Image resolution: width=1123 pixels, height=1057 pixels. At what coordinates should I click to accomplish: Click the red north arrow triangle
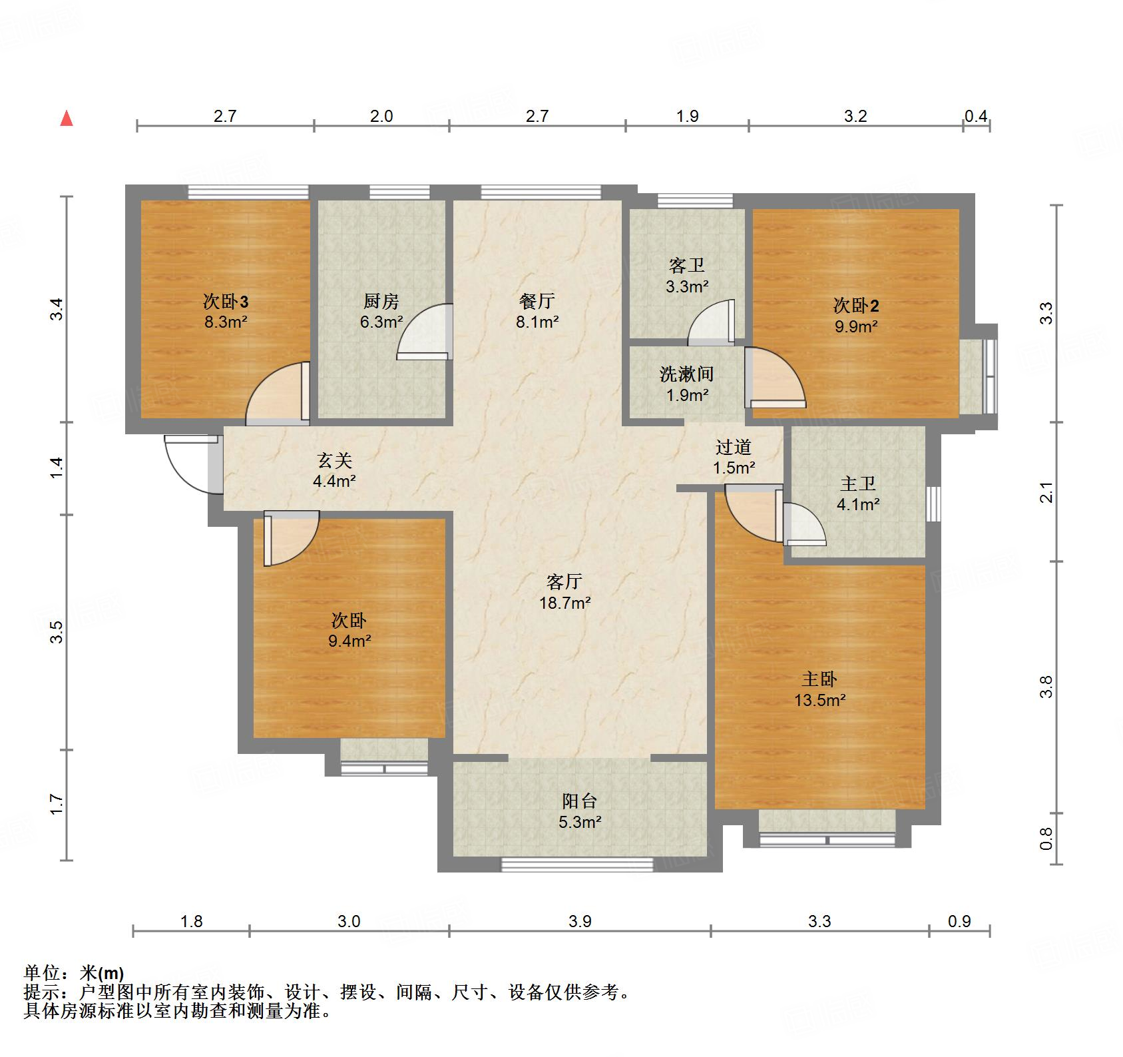coord(67,119)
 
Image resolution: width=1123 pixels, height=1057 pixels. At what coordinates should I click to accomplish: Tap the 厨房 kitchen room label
coord(381,302)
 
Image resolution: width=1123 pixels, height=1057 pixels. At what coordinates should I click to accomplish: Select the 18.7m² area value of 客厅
coord(564,603)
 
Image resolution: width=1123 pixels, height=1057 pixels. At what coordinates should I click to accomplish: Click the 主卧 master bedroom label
coord(819,679)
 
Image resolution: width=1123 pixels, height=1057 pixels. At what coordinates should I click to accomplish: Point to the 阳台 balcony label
coord(579,801)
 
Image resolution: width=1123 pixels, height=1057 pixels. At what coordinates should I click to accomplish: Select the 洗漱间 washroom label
coord(686,374)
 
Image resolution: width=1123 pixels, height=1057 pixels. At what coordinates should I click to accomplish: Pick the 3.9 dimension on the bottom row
coord(580,921)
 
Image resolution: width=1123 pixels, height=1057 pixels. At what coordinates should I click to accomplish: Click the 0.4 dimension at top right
coord(976,116)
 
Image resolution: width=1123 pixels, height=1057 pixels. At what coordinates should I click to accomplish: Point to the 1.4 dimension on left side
coord(57,467)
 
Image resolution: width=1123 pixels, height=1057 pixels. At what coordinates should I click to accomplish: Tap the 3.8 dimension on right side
coord(1046,686)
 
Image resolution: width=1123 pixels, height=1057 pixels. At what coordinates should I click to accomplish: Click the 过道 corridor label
coord(734,447)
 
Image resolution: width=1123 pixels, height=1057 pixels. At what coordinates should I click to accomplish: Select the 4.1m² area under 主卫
coord(858,505)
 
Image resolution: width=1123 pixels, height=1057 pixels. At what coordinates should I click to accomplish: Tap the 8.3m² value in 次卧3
coord(226,323)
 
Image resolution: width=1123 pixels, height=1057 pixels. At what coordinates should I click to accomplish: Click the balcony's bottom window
coord(576,865)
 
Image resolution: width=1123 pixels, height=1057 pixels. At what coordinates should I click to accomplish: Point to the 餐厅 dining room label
coord(537,302)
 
